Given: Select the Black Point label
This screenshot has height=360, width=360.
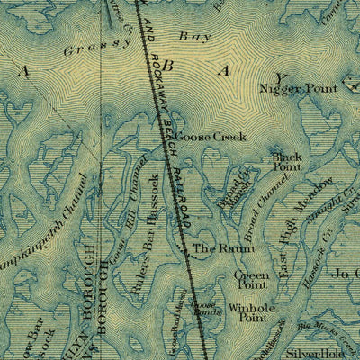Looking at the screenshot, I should (287, 161).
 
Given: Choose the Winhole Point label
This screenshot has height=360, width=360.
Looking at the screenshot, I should (248, 311).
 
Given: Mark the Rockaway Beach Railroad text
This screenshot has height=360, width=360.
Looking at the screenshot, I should (168, 135).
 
